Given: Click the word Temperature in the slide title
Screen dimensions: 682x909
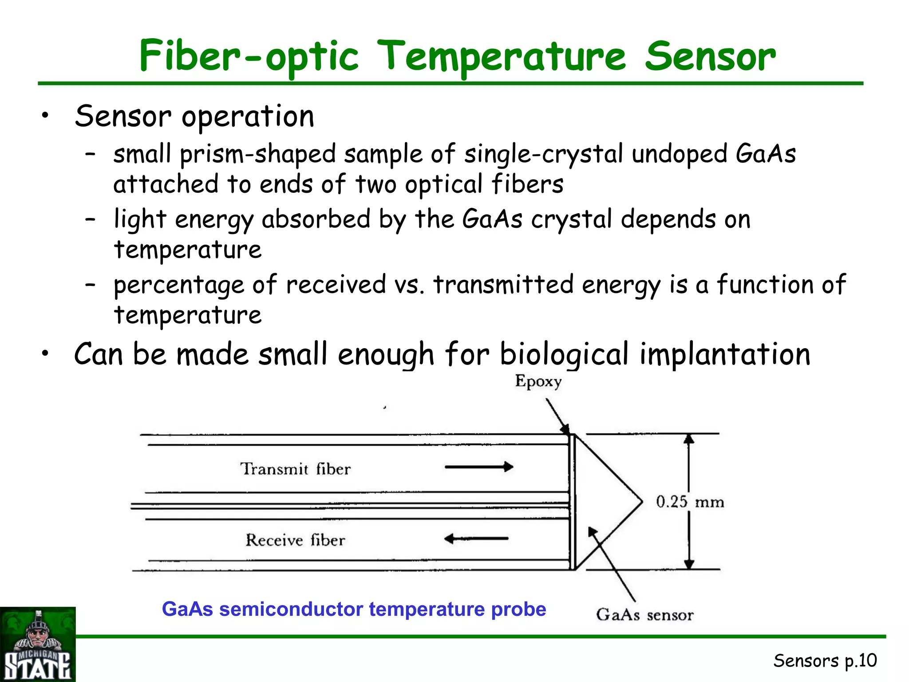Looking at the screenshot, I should [x=503, y=56].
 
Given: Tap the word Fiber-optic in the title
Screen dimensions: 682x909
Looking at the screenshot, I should [x=249, y=56].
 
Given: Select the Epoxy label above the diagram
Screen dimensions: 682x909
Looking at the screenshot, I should [x=538, y=381].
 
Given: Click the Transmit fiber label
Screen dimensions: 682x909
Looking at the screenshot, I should [x=295, y=469].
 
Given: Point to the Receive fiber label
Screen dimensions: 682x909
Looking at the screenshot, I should [x=295, y=540].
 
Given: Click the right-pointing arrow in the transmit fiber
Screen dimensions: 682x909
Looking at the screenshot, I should [x=479, y=467].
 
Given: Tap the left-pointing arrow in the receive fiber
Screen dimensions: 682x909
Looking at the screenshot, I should [x=476, y=539].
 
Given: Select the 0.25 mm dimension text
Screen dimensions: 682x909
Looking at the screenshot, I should [x=690, y=502].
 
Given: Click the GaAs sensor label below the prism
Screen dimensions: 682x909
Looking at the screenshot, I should [x=644, y=615].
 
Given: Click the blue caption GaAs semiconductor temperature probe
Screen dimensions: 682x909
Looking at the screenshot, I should [x=354, y=609].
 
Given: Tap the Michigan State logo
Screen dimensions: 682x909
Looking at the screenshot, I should [x=38, y=644].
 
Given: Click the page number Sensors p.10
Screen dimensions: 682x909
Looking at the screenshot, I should [x=825, y=661].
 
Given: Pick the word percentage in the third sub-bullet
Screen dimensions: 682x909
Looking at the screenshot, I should [x=178, y=285].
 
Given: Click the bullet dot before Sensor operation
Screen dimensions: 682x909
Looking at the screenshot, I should [x=44, y=116].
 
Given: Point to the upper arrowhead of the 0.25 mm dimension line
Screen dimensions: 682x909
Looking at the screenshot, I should [x=688, y=439].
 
